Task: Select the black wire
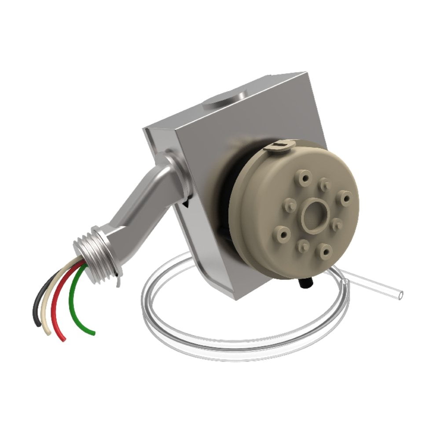coord(37,304)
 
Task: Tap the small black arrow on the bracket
coord(187,203)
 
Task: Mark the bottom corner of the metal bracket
coord(238,295)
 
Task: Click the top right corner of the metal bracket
coord(304,73)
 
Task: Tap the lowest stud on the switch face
coord(326,251)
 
